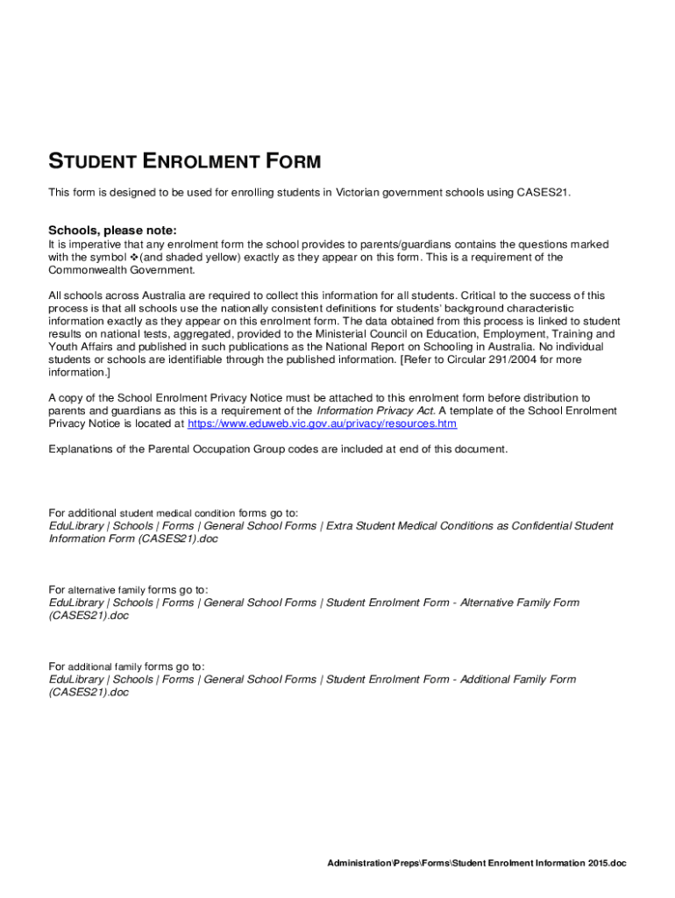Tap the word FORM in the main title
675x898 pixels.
pos(295,162)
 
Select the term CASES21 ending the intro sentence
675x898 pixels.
pos(542,192)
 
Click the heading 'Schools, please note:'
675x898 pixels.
pos(112,230)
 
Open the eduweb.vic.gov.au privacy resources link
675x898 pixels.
pos(322,424)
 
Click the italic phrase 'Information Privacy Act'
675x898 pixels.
pos(375,410)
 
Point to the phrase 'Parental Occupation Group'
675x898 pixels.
pos(214,449)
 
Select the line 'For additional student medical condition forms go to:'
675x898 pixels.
pos(173,513)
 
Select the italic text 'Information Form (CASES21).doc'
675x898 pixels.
pos(133,538)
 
